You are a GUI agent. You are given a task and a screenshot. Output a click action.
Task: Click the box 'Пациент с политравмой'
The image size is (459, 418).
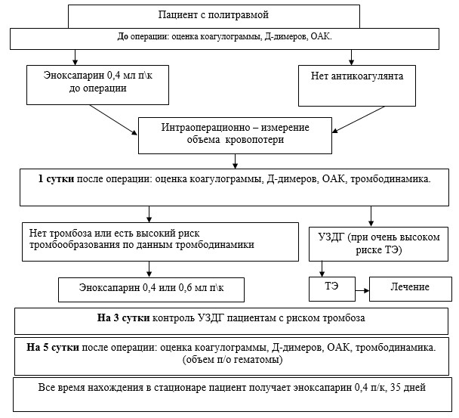click(214, 17)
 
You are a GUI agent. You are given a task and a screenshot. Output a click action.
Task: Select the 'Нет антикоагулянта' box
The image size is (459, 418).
click(357, 85)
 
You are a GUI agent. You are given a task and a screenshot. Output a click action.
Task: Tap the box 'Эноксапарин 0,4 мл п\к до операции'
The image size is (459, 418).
click(98, 85)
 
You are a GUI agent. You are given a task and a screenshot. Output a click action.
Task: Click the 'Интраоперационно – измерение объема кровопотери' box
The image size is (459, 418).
click(235, 135)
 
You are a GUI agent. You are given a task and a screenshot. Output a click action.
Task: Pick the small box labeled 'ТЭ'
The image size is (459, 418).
click(332, 289)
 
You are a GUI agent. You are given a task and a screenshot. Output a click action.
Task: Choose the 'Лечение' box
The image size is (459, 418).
click(411, 289)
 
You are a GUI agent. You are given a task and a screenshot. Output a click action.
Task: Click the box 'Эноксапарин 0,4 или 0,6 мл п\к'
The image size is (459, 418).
click(151, 290)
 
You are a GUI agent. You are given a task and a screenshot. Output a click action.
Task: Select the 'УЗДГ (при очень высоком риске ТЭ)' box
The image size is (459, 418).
click(378, 244)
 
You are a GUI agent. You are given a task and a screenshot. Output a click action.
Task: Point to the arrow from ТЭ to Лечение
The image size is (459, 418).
click(362, 290)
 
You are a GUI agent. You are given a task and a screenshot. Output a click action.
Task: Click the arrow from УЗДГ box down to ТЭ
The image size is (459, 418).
click(322, 269)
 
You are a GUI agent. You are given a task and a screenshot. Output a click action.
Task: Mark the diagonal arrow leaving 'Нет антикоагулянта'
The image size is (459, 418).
click(359, 119)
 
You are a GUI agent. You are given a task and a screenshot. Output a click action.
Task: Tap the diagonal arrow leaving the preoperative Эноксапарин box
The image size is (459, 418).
click(113, 120)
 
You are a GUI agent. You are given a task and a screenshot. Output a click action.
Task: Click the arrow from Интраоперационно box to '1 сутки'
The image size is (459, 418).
click(235, 161)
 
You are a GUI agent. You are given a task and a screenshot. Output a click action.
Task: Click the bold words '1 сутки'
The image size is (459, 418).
click(56, 178)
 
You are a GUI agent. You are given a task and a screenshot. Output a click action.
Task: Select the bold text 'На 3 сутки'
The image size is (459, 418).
click(124, 318)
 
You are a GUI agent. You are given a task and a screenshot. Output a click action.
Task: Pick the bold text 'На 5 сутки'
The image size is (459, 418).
click(53, 348)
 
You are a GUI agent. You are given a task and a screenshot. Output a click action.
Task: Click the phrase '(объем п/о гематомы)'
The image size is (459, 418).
click(233, 359)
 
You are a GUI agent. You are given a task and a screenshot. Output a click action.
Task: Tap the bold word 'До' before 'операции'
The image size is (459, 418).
click(123, 36)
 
